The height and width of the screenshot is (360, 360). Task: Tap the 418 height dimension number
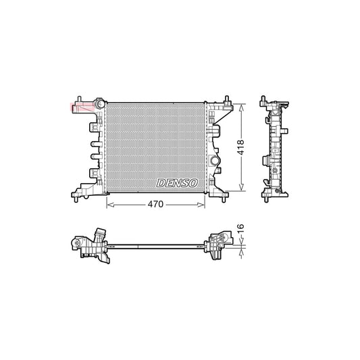(240, 147)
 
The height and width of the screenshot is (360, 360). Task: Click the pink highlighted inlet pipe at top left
(80, 106)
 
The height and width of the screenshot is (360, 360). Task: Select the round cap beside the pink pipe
(99, 103)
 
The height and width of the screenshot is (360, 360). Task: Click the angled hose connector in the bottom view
(100, 234)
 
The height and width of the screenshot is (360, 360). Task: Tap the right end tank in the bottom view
(218, 246)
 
